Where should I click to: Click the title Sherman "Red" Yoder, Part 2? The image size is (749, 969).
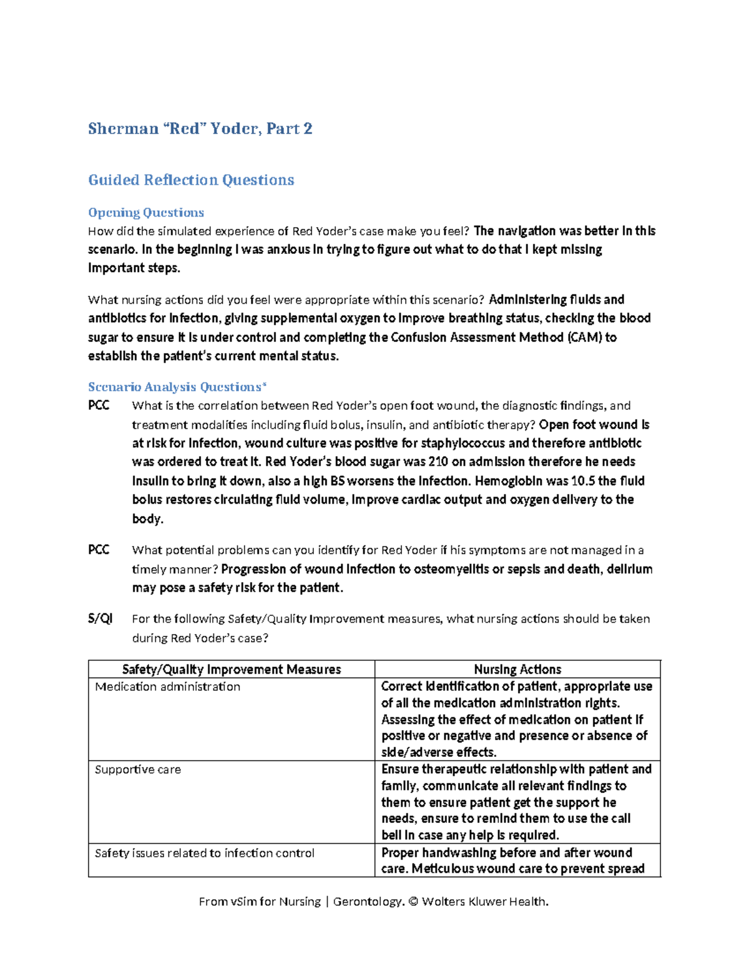coord(200,129)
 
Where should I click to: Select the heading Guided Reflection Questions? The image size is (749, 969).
coord(191,180)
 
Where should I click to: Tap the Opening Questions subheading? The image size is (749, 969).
coord(146,213)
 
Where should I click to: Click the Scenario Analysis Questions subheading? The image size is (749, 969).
coord(177,387)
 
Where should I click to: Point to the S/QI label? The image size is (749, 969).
coord(100,618)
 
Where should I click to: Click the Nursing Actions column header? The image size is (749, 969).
coord(517,670)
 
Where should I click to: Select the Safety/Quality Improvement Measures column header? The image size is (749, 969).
coord(232,670)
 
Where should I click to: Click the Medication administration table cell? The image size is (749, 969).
coord(167,686)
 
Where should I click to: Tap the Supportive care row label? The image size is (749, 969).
coord(137,769)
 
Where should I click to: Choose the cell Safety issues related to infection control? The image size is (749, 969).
coord(204,853)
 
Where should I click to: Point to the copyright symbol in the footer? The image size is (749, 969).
coord(413,902)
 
